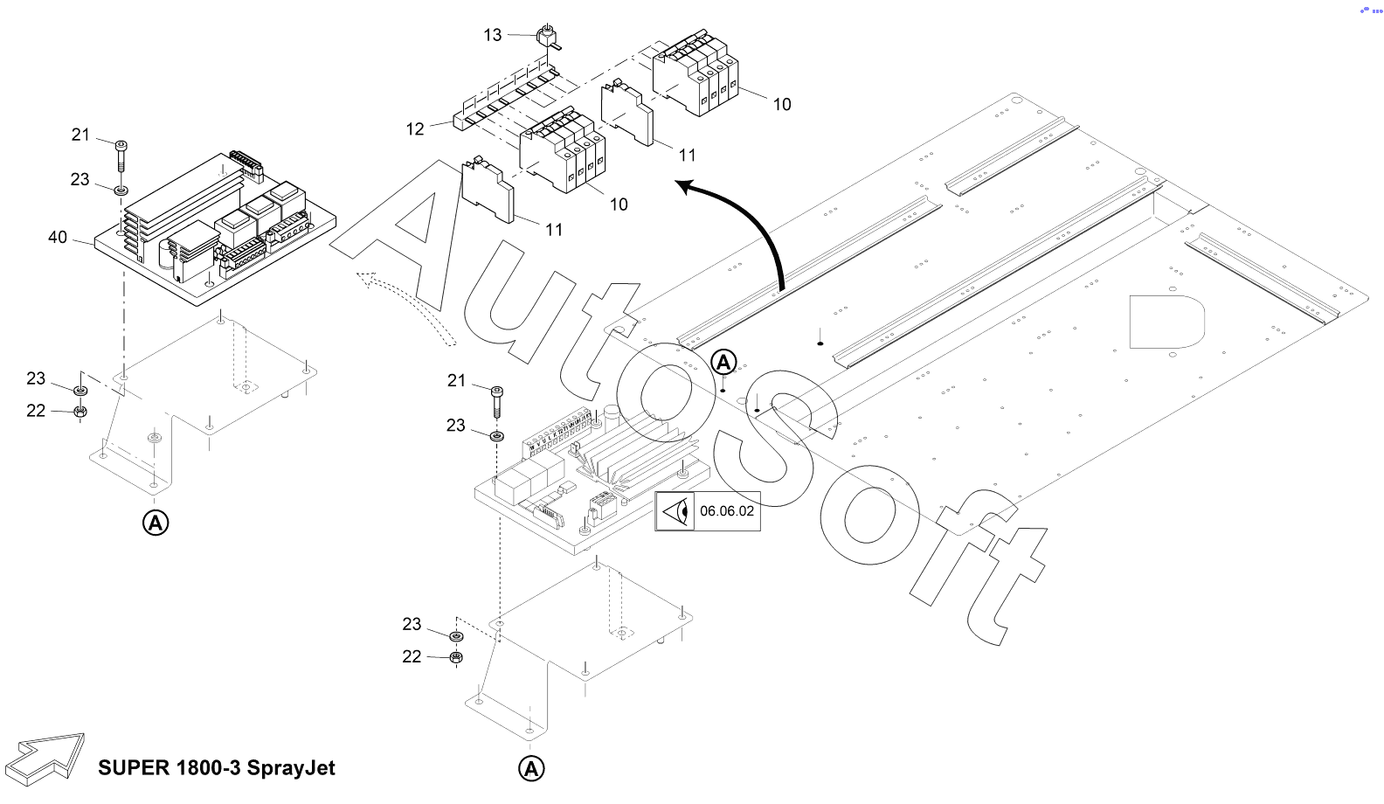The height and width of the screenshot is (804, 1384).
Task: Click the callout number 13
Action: tap(493, 35)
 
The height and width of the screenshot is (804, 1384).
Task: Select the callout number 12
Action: tap(415, 129)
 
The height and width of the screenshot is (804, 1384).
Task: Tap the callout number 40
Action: tap(58, 238)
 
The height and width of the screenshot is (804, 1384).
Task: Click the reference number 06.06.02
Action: tap(726, 511)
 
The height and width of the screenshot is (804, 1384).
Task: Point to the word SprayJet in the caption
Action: tap(291, 768)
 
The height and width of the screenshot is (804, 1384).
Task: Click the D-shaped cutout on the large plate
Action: tap(1166, 322)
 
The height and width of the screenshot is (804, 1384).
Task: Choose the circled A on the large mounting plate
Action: tap(724, 362)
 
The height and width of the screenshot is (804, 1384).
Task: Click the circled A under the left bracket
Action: tap(156, 523)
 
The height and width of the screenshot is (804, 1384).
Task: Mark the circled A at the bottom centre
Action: tap(531, 769)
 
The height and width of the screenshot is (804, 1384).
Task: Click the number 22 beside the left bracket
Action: tap(36, 411)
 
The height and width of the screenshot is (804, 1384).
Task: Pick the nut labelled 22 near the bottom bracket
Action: tap(455, 657)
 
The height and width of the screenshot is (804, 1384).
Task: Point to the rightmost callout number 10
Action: tap(782, 105)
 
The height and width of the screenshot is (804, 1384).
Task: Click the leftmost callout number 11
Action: tap(554, 230)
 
